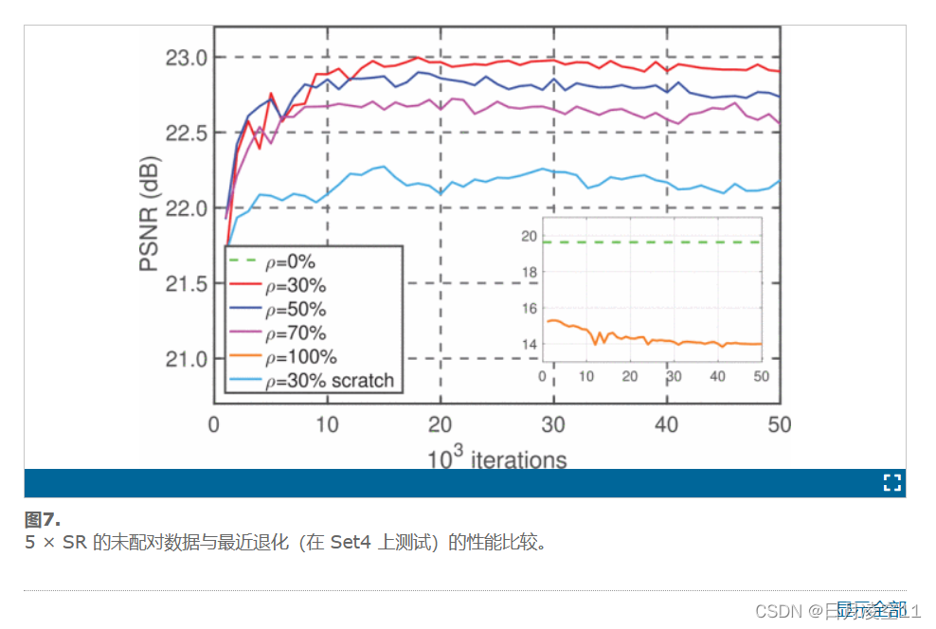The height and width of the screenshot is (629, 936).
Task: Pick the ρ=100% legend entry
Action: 300,357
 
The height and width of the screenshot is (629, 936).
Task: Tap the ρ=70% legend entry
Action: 295,333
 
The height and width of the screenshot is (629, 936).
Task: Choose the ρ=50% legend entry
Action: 295,309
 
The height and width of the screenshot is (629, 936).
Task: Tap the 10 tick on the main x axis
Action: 327,424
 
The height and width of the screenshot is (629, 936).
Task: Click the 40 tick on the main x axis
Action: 667,424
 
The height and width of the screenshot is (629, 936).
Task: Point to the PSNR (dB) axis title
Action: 150,213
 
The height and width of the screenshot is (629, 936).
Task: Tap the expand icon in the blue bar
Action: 891,483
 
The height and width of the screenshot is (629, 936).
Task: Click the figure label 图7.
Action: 43,519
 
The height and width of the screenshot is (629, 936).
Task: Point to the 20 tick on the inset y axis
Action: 530,236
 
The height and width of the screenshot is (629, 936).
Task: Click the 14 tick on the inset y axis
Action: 530,344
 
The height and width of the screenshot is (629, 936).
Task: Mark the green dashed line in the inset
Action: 654,243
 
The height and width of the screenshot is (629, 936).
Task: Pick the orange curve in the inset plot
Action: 654,341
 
